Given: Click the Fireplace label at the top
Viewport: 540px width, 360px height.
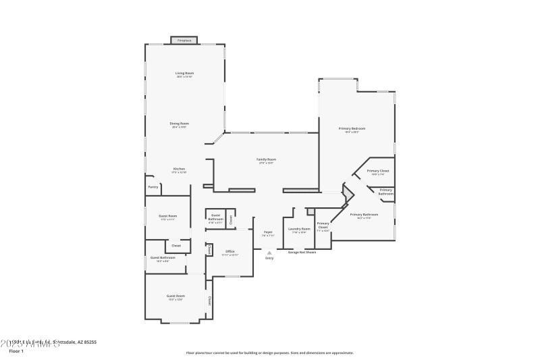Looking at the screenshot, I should [184, 41].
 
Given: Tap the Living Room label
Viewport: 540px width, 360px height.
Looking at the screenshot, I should [184, 73].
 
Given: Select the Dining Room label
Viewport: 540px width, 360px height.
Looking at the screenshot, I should [179, 124].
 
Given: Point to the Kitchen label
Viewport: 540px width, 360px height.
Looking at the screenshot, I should [179, 169].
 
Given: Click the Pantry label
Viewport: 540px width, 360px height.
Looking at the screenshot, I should [153, 187].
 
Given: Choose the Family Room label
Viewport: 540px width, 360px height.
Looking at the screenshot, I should [266, 159].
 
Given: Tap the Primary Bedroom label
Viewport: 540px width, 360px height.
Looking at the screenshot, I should [352, 128].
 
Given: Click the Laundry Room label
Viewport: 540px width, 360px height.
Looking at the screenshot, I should [298, 229].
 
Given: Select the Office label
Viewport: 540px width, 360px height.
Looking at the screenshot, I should [230, 251].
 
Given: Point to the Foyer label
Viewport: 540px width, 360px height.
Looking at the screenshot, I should [267, 232].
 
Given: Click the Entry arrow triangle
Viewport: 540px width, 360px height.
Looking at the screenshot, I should [269, 253].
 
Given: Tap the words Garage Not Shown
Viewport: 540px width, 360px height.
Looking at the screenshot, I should [302, 252].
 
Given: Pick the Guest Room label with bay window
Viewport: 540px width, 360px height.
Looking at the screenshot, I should [175, 296].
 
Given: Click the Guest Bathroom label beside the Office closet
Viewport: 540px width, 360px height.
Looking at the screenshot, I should [163, 257].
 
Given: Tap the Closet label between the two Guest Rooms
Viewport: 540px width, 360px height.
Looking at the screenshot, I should [176, 245].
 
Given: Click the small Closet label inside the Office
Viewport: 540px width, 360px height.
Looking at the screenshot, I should [209, 251].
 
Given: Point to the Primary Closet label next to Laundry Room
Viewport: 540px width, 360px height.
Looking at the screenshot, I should [323, 226].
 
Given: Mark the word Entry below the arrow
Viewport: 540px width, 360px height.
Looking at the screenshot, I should [269, 259].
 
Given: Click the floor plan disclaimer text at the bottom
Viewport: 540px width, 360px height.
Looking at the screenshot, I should [269, 353].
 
